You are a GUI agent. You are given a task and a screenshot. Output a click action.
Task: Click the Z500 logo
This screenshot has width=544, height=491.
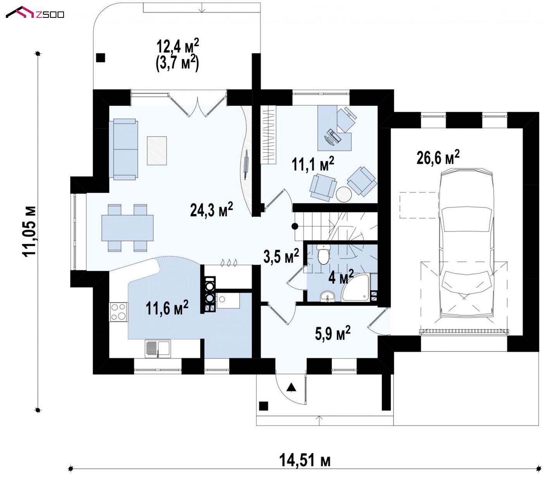click(x=35, y=12)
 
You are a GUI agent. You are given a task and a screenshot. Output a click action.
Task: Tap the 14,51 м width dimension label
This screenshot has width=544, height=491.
click(x=304, y=460)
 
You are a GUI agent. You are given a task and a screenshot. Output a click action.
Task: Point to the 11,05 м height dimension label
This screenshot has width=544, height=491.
click(x=29, y=232)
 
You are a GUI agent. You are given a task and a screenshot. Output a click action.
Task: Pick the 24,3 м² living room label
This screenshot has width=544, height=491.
click(x=211, y=209)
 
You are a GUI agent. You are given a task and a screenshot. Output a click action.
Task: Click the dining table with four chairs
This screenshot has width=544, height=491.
click(x=128, y=228)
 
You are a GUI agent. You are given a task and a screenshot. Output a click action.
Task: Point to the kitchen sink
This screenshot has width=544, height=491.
click(x=157, y=349)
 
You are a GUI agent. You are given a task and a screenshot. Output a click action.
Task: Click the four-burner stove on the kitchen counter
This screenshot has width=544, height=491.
click(x=118, y=312)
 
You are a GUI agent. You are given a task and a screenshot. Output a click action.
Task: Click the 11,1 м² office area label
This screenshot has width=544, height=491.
click(x=313, y=164)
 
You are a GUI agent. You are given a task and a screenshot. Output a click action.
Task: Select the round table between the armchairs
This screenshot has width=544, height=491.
click(x=344, y=194)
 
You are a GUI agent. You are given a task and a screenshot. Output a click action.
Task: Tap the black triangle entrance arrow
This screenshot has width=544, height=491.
click(x=291, y=388)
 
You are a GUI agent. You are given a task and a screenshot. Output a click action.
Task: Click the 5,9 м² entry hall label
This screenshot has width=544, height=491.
click(x=332, y=333)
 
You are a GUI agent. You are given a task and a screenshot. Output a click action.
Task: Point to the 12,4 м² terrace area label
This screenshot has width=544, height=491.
click(x=178, y=46)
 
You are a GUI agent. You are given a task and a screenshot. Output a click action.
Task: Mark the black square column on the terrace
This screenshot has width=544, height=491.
click(x=100, y=57)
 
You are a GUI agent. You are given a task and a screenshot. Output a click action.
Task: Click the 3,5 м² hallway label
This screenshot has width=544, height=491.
click(x=281, y=256)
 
